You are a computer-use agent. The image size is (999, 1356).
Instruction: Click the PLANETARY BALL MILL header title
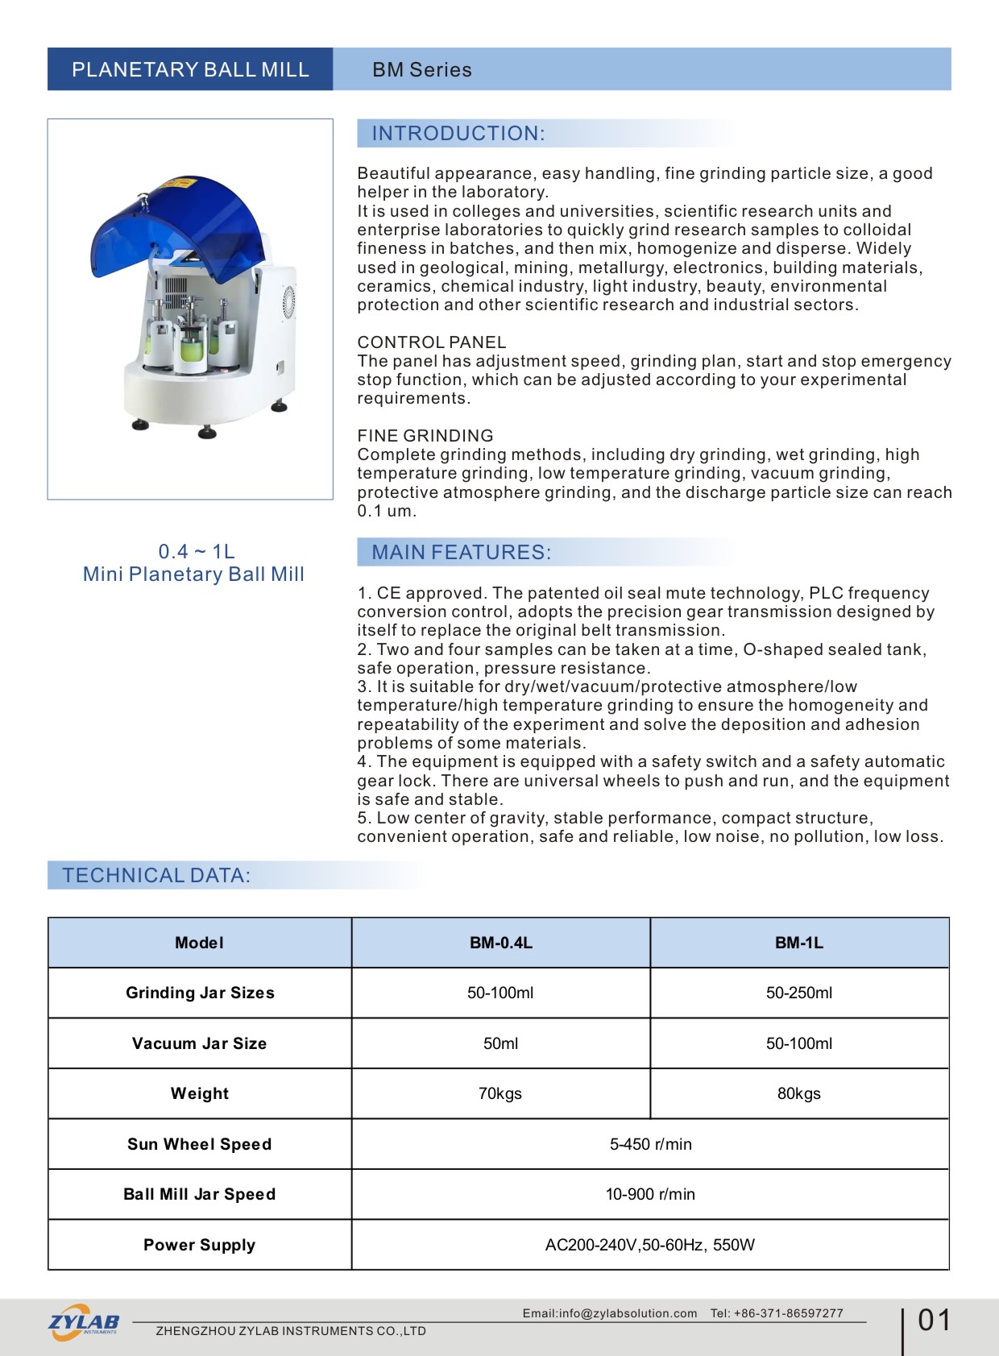pos(190,70)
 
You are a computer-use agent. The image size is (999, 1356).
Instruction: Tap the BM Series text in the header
pos(421,70)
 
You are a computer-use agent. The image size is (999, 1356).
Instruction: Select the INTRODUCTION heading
pos(458,134)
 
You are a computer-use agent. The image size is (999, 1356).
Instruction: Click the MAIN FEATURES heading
pos(462,553)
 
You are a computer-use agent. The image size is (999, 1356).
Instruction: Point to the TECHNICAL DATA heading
pos(156,876)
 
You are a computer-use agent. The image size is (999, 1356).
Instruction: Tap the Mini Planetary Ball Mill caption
pos(193,574)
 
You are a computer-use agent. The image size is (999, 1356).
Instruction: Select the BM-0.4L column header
pos(501,943)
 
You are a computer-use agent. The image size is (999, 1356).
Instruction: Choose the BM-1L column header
pos(799,943)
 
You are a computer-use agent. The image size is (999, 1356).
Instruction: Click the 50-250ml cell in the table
pos(799,993)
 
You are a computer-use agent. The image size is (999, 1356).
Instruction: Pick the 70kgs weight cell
pos(500,1094)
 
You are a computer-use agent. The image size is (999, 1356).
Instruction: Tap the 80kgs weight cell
pos(799,1094)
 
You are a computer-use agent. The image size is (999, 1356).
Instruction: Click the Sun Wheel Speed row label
pos(200,1144)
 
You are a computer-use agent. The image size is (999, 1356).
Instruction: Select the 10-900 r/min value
pos(650,1195)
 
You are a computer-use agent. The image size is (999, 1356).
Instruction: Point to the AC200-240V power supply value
pos(650,1245)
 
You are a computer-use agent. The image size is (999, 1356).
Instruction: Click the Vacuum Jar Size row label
pos(200,1043)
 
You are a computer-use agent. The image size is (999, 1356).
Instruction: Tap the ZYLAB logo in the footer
pos(84,1322)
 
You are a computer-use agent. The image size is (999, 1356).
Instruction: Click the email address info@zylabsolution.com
pos(628,1313)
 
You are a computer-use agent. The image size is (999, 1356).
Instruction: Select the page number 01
pos(935,1321)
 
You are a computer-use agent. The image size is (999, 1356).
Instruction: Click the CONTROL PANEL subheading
pos(432,342)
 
